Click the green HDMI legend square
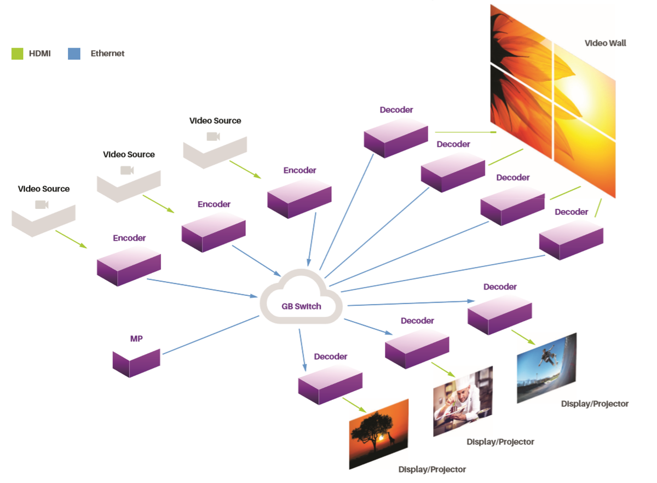click(17, 54)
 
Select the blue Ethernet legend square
click(74, 54)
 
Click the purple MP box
click(136, 362)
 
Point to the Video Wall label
click(605, 43)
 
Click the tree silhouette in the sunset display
click(368, 432)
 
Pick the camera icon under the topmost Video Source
click(213, 136)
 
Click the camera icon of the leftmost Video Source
click(42, 205)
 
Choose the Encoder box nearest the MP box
click(129, 265)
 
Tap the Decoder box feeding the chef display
click(417, 348)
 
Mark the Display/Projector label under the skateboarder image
click(595, 404)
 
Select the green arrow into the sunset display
click(354, 405)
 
